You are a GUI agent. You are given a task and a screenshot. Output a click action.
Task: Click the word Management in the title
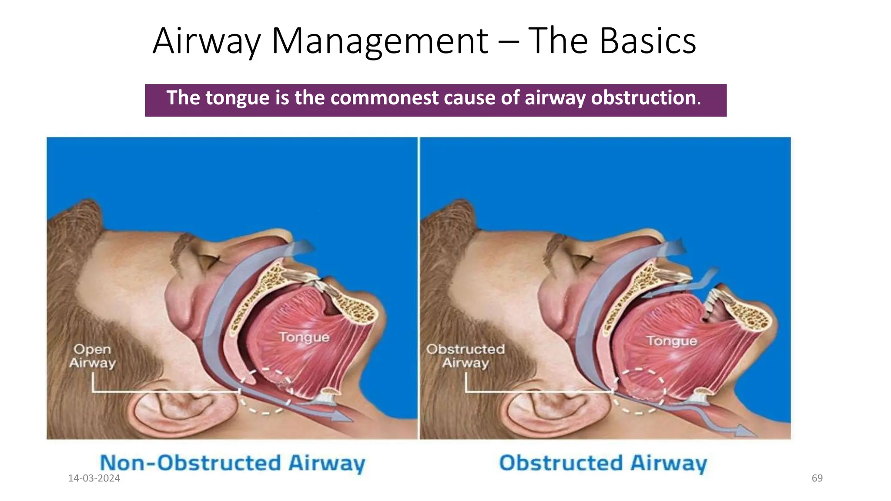(x=380, y=41)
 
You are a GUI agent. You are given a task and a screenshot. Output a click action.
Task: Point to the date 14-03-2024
(x=94, y=478)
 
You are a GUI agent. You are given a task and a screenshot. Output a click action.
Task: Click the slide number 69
(x=817, y=478)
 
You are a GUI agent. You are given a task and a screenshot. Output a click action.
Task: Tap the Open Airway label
(x=92, y=356)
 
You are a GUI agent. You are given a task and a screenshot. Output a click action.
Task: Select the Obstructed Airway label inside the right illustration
(x=466, y=356)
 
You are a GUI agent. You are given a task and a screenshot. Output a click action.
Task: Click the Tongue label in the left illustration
(x=304, y=337)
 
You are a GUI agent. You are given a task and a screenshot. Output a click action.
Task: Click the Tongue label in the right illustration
(x=671, y=341)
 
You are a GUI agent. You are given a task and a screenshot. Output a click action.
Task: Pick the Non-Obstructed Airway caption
(x=233, y=463)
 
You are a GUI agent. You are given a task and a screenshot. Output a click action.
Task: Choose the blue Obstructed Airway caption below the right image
(x=603, y=463)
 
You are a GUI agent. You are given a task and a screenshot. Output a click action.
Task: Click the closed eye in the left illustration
(x=209, y=261)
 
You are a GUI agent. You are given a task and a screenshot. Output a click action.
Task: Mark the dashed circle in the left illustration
(x=265, y=391)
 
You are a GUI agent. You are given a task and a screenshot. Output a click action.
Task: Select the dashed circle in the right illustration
(x=639, y=391)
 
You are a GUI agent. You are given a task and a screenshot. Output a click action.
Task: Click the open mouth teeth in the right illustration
(x=713, y=304)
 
